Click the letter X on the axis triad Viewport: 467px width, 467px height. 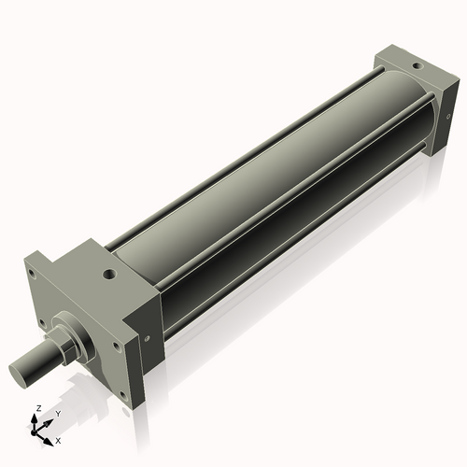pos(58,440)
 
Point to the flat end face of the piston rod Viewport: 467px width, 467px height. pos(20,372)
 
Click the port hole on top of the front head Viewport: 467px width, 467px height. pos(110,275)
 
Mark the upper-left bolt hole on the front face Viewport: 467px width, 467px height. pos(32,275)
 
